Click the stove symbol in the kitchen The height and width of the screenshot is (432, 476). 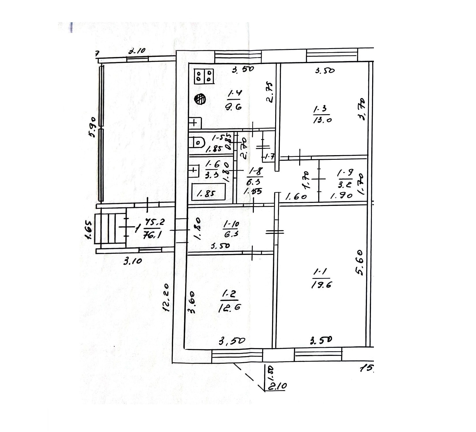[204, 76]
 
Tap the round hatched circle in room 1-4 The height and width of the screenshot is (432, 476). [200, 99]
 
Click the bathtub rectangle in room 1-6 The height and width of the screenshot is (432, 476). [209, 192]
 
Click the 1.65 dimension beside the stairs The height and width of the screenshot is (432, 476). [88, 230]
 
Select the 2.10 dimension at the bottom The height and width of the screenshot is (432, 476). [277, 386]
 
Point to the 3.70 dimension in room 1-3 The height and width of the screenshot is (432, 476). [361, 109]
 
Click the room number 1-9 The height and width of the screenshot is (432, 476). [345, 173]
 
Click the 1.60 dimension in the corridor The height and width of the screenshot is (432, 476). [296, 197]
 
